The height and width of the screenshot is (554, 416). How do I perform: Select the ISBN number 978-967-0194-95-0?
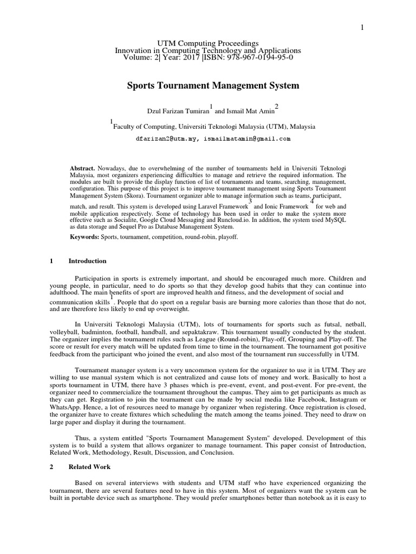[x=251, y=57]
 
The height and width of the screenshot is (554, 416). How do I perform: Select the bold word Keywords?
[x=84, y=237]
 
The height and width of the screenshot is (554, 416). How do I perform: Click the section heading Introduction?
[x=87, y=261]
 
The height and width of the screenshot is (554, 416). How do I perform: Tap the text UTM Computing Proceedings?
[x=208, y=43]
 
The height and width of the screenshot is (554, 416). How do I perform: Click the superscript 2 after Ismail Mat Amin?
[x=277, y=105]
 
